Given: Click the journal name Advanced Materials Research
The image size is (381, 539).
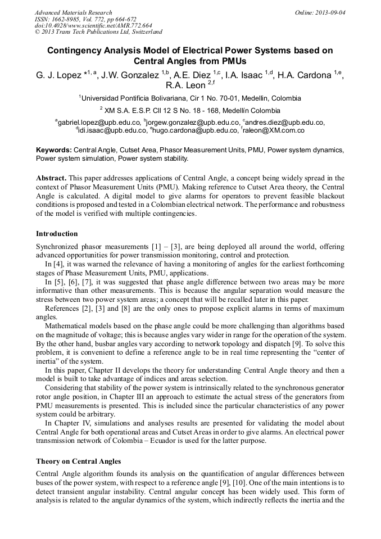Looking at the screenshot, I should pyautogui.click(x=73, y=12).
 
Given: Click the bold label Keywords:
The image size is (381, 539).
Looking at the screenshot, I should pyautogui.click(x=54, y=151).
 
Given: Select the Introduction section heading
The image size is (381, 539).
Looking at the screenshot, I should pyautogui.click(x=57, y=233).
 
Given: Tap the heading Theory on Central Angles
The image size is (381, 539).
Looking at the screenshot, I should pyautogui.click(x=78, y=461).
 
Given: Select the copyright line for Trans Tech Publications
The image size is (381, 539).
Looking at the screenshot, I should pyautogui.click(x=99, y=32).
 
